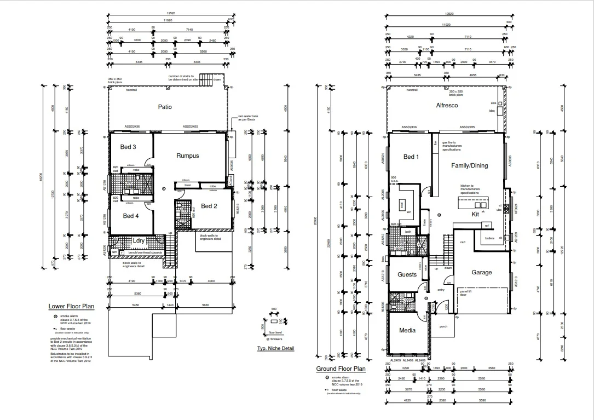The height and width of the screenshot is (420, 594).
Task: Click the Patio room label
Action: (x=165, y=107)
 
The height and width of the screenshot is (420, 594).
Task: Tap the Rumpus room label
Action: (x=187, y=156)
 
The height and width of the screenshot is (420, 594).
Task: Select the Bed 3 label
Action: (x=128, y=147)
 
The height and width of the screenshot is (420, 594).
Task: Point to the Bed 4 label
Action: (x=130, y=216)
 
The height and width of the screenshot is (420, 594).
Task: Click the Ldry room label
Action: (x=139, y=240)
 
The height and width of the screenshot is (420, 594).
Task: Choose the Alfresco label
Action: (x=447, y=105)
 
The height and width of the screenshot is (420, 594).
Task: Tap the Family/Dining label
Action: (x=469, y=165)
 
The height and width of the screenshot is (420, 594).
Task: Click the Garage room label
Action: (x=482, y=272)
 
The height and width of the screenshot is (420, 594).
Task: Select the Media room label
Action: (x=407, y=330)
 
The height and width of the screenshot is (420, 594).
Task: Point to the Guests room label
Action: (x=407, y=274)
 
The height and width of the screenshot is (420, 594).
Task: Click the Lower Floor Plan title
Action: (x=72, y=307)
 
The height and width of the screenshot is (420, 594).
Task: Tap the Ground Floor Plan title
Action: (x=341, y=369)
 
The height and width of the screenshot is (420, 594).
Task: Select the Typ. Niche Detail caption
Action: (x=276, y=348)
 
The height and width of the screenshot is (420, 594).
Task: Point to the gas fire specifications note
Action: (x=452, y=146)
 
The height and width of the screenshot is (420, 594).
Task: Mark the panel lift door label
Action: (x=465, y=296)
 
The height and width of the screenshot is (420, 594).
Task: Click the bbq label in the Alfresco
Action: (x=492, y=111)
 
